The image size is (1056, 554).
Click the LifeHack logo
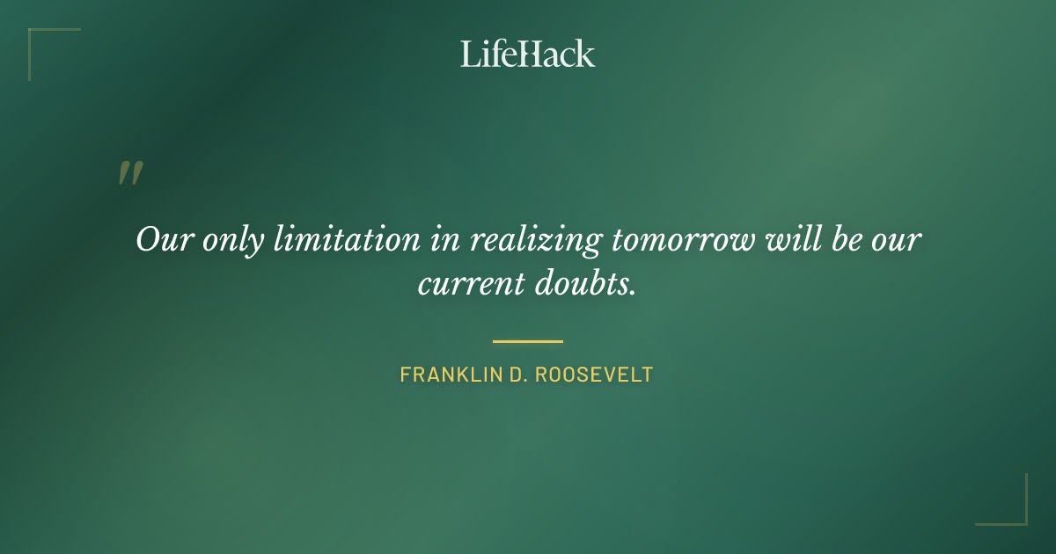(x=527, y=54)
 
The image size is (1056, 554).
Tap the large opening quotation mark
(x=129, y=173)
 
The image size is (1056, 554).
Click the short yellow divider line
(x=527, y=341)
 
